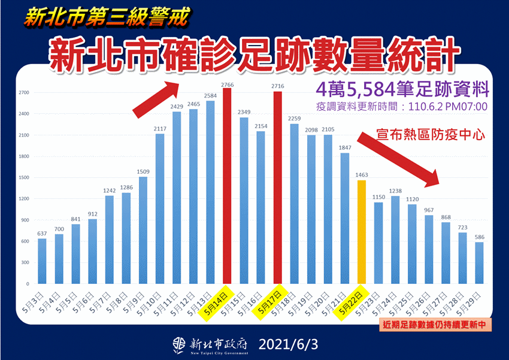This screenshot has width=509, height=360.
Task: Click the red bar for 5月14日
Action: click(227, 186)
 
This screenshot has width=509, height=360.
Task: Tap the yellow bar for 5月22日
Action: click(361, 231)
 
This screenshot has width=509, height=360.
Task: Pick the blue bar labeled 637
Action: click(42, 261)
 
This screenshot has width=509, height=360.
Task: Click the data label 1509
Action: click(143, 173)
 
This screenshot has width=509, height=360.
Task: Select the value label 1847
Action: click(344, 148)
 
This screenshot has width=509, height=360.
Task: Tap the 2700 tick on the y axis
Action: click(25, 93)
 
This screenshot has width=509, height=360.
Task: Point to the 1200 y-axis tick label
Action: click(25, 199)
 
